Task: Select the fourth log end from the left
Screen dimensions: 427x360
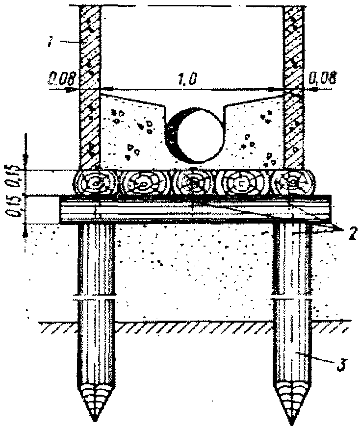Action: tap(243, 184)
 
